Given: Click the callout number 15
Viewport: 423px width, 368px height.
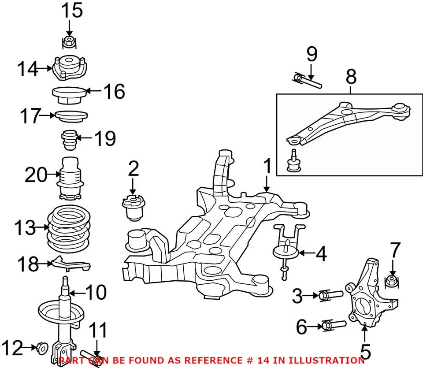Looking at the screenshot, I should pyautogui.click(x=71, y=11).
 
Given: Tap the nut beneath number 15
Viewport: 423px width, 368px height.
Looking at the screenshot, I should pyautogui.click(x=68, y=42).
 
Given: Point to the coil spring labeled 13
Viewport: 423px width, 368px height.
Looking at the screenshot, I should pyautogui.click(x=69, y=228).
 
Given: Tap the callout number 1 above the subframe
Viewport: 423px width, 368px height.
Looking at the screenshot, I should pyautogui.click(x=267, y=168).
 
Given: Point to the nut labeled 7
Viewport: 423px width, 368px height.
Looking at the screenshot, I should pyautogui.click(x=392, y=280).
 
